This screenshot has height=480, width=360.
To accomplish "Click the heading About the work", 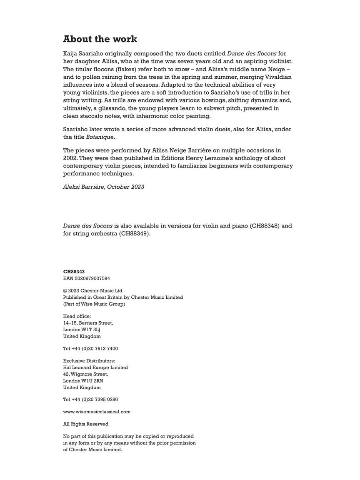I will coord(100,39).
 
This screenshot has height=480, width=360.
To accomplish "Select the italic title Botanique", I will coord(100,137).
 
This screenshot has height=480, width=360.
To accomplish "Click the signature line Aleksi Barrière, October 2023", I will coord(104,187).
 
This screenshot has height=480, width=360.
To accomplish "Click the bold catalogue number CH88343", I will coord(74,272).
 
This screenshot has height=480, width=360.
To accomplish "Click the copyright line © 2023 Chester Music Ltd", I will coord(93,291).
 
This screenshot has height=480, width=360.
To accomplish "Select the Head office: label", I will coord(77,316).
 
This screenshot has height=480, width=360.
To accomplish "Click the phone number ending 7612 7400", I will coord(90,348).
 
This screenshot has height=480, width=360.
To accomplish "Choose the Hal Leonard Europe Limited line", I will coord(95,367).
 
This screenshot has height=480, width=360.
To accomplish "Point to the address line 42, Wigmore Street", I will coord(85,374).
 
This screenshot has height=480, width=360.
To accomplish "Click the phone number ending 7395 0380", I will coord(90,400).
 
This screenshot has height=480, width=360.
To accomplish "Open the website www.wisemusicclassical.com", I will coord(97,412).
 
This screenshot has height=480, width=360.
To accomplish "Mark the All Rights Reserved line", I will coord(86,424).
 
